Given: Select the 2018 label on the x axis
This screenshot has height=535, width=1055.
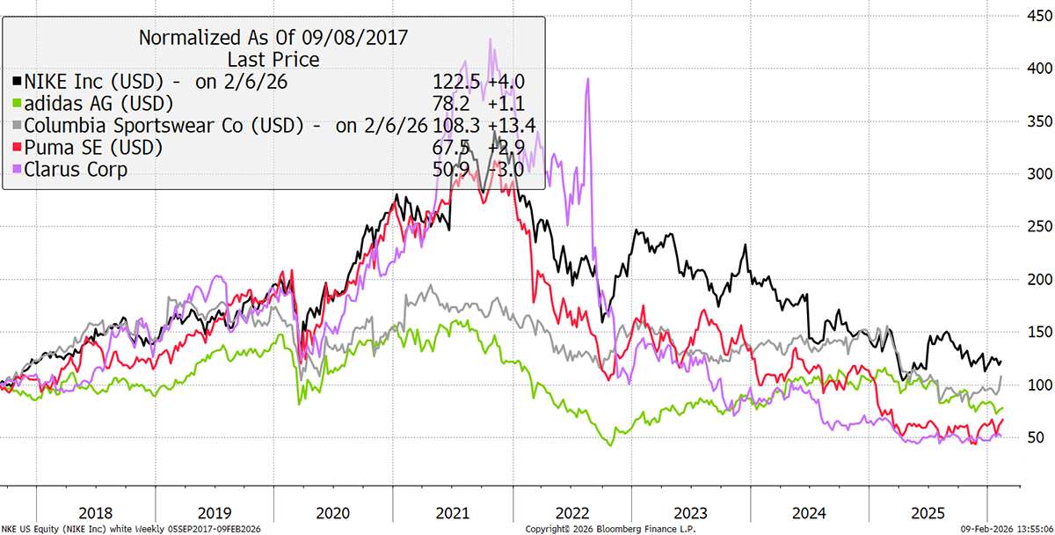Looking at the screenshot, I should tap(96, 513).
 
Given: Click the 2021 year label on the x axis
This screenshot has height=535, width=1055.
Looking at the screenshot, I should tap(452, 513).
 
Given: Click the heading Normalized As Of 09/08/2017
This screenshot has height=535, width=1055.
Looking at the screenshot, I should tap(273, 38).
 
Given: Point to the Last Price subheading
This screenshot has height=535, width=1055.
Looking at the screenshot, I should tap(273, 60).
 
